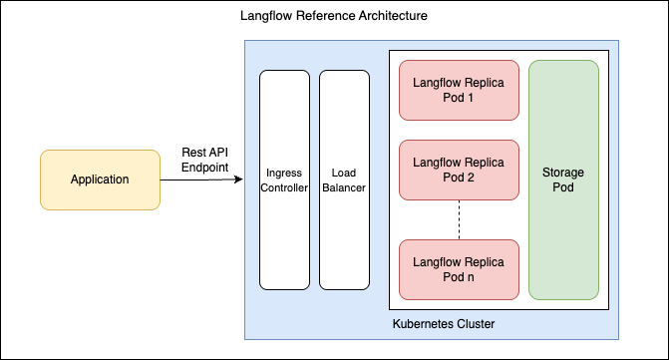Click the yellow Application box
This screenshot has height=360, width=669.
tap(100, 180)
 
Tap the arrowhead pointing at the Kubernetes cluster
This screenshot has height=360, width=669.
tap(239, 180)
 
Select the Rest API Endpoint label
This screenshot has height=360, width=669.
tap(204, 160)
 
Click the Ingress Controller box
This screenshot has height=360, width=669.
tap(284, 180)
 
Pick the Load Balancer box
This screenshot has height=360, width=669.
tap(344, 180)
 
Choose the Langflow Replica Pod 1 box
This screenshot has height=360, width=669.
tap(459, 90)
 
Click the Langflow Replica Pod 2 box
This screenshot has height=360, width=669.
tap(459, 170)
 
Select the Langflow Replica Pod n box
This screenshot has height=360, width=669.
tap(459, 269)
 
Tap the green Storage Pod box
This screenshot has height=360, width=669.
tap(563, 180)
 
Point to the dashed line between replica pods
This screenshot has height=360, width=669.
tap(459, 219)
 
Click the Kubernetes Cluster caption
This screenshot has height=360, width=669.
tap(444, 324)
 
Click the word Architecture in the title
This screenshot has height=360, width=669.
tap(393, 16)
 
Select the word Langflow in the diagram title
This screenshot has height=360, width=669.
tap(266, 16)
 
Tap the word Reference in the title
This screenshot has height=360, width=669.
tap(326, 16)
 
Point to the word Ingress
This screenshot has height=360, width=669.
tap(284, 173)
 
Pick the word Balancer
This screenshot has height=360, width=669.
tap(344, 187)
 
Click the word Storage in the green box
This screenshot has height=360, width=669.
tap(563, 173)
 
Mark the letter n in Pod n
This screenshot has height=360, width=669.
tap(471, 277)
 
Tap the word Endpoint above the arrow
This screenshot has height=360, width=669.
tap(204, 168)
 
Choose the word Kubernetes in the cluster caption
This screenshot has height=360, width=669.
tap(423, 324)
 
